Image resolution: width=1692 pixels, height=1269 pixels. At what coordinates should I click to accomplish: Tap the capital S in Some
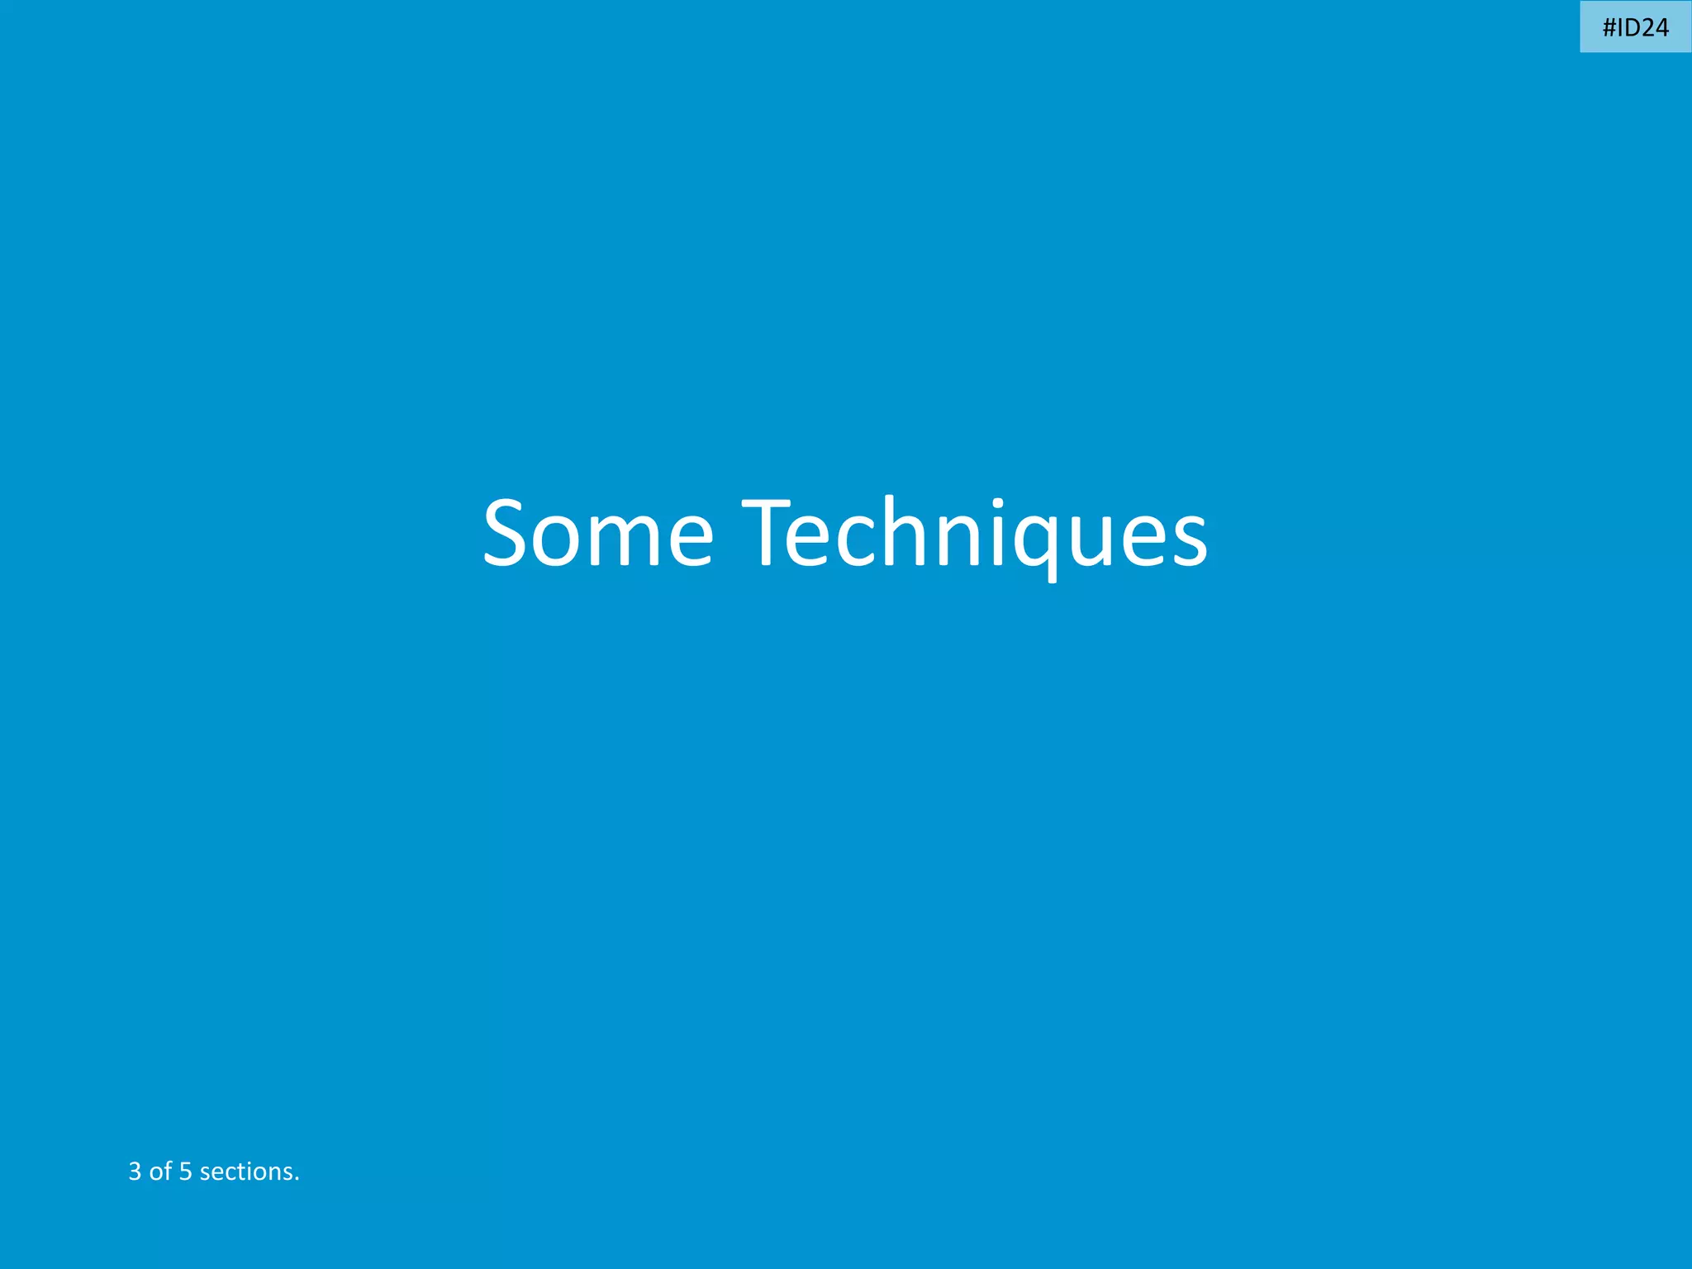click(x=509, y=533)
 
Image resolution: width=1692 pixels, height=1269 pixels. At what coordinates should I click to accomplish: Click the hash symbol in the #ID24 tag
click(x=1610, y=28)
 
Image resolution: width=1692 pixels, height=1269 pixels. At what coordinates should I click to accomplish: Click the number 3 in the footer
click(x=135, y=1172)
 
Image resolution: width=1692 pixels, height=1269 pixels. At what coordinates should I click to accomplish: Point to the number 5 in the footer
click(x=185, y=1172)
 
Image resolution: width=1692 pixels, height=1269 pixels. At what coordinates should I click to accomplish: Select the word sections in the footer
click(x=246, y=1172)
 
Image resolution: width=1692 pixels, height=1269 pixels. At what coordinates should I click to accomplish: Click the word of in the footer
click(x=160, y=1172)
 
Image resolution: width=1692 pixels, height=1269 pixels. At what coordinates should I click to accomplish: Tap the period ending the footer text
click(x=297, y=1179)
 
